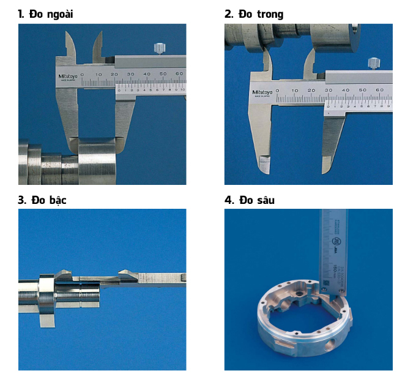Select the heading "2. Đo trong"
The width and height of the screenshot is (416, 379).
point(254,13)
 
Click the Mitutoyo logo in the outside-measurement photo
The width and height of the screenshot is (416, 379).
point(68,78)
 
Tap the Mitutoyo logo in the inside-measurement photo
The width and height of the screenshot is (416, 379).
point(264,92)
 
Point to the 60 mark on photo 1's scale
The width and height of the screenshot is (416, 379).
point(179,73)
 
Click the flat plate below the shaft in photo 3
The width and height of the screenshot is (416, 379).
point(48,319)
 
